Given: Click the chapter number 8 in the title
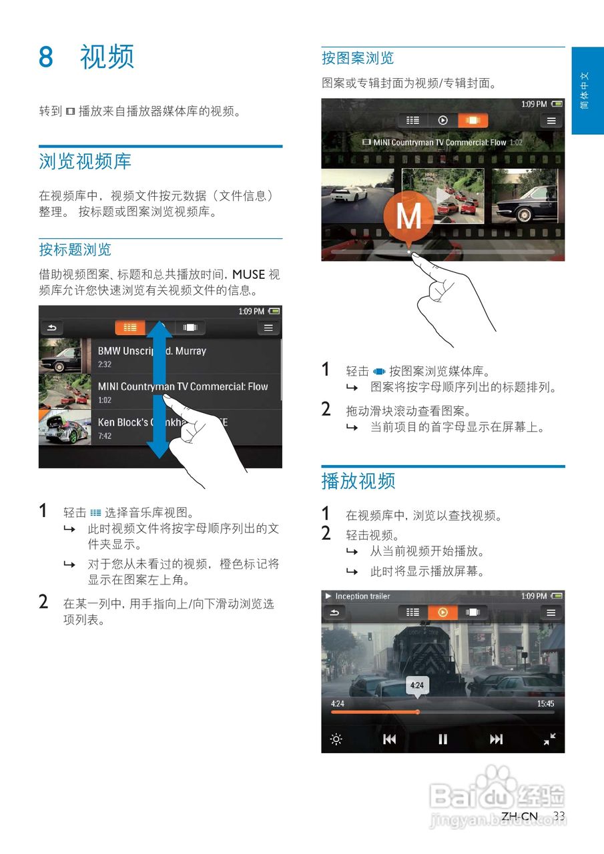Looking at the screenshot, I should click(x=45, y=57).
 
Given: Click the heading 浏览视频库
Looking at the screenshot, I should click(x=85, y=161).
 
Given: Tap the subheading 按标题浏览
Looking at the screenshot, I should click(x=75, y=250).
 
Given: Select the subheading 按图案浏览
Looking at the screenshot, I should click(x=358, y=59).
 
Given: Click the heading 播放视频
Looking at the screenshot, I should click(x=358, y=481).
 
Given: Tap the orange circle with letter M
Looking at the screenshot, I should click(x=409, y=214).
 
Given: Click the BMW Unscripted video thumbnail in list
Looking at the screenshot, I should click(x=60, y=356).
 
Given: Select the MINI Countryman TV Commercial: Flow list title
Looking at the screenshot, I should click(x=182, y=386).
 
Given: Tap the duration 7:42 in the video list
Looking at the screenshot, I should click(x=105, y=436).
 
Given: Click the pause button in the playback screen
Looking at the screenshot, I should click(x=442, y=739).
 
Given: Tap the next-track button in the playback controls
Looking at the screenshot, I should click(x=496, y=739).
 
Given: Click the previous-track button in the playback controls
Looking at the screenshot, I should click(x=390, y=739).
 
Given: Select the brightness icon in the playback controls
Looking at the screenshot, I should click(x=336, y=739).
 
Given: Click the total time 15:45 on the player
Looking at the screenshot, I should click(x=545, y=703).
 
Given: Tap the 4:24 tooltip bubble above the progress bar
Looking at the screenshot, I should click(x=417, y=685).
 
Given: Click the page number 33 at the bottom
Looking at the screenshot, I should click(x=559, y=816).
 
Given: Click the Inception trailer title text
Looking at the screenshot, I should click(x=362, y=596).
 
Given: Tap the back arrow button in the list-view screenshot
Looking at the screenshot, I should click(x=52, y=328).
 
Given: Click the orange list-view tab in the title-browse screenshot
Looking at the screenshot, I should click(x=130, y=328).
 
